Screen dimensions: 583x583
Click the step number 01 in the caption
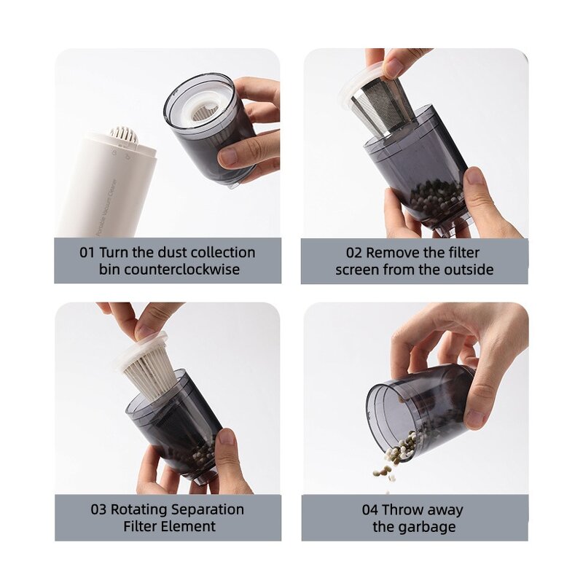(x=87, y=253)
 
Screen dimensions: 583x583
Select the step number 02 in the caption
(x=354, y=253)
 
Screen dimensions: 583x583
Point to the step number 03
(x=98, y=509)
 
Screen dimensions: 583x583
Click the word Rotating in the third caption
(x=141, y=509)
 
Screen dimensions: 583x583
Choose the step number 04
(x=370, y=509)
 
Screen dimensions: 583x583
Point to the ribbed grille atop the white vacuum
(x=123, y=135)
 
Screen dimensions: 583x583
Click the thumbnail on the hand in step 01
(x=228, y=156)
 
